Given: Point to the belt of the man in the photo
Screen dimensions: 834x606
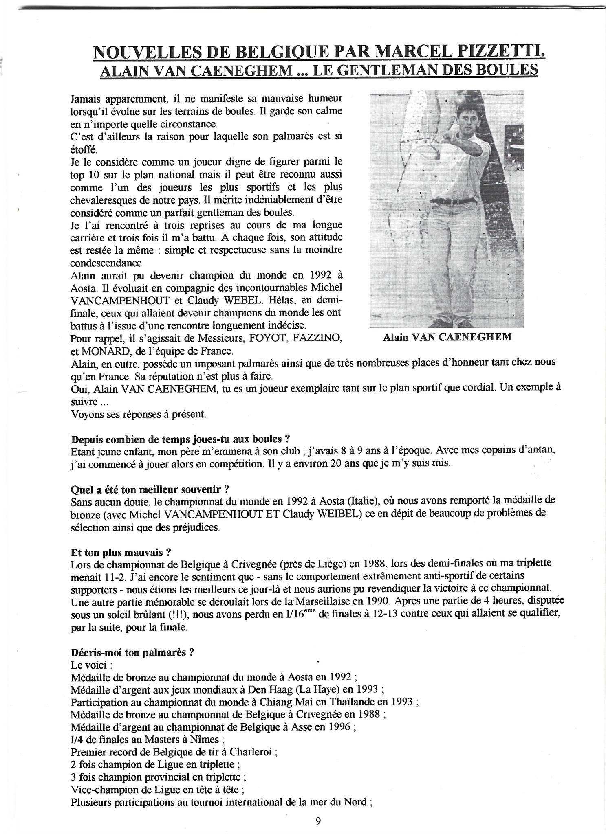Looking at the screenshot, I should (453, 200).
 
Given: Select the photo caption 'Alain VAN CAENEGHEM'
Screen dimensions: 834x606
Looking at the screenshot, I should (447, 338).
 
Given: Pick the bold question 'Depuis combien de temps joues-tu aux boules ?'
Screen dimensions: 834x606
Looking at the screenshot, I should (181, 439).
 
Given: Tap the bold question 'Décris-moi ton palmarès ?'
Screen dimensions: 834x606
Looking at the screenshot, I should (132, 652).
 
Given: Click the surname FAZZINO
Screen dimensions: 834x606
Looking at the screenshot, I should (315, 338).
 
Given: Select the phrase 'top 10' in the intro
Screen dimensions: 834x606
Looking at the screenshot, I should (82, 174).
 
